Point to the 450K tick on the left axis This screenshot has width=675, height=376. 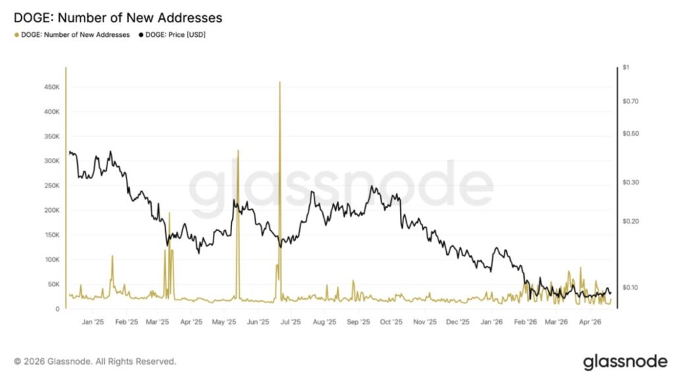tap(53, 86)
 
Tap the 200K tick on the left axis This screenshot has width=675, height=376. tap(53, 210)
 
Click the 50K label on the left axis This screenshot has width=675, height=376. tap(55, 284)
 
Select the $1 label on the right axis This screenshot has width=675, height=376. tap(626, 67)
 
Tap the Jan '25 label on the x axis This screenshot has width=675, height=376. tap(93, 323)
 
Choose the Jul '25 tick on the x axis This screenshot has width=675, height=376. tap(290, 323)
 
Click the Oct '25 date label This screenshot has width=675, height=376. tap(391, 323)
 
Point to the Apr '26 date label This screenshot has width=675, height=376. tap(589, 323)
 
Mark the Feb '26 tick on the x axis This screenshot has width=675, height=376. tap(525, 323)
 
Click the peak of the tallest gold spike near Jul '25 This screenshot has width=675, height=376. tap(280, 82)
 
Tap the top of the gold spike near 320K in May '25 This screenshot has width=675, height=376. tap(237, 150)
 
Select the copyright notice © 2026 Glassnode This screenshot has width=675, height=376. tap(95, 361)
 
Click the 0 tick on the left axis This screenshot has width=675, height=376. tap(58, 309)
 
